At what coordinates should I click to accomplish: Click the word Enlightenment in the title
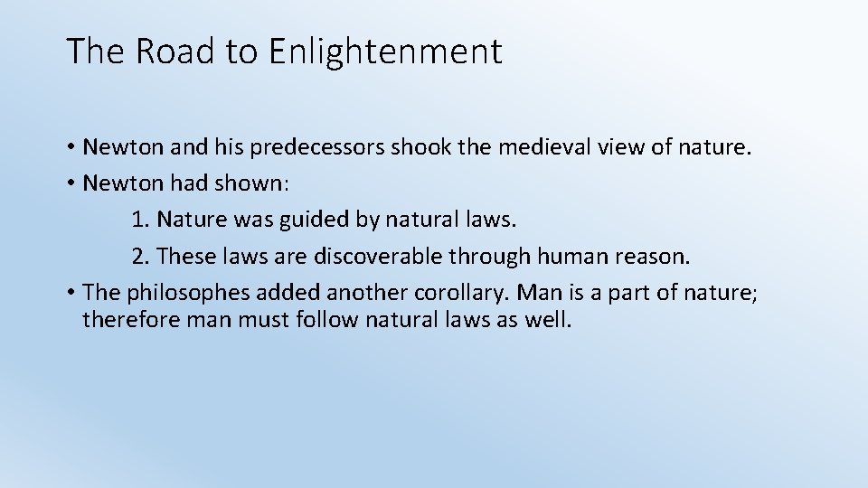pos(384,52)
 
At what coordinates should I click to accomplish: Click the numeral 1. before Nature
pos(140,220)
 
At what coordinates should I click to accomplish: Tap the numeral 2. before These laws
pos(140,257)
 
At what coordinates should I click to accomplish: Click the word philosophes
pos(172,293)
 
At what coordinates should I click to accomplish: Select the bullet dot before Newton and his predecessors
pos(71,147)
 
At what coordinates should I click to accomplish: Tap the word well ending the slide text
pos(548,321)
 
